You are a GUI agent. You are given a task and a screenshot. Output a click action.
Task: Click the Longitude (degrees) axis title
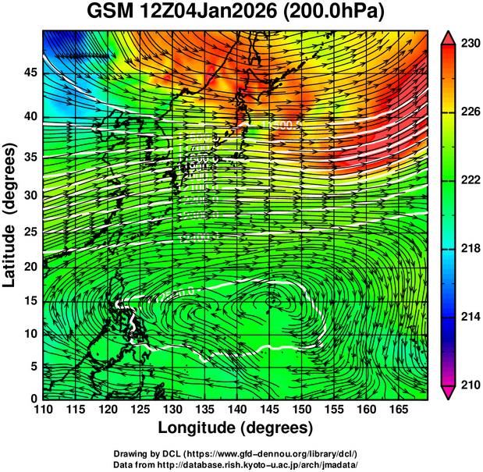pyautogui.click(x=236, y=428)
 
